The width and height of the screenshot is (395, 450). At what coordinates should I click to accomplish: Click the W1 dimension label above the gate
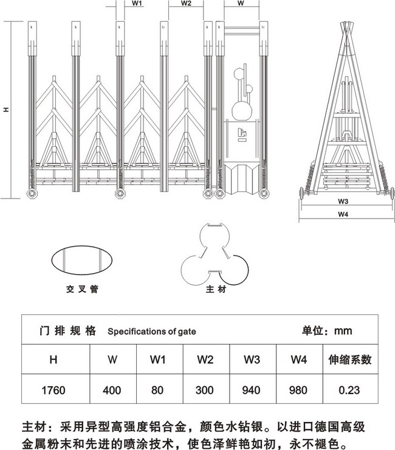[137, 4]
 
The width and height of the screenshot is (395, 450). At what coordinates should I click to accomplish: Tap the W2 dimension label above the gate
[186, 4]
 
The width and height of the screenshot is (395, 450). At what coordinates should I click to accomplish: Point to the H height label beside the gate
[6, 110]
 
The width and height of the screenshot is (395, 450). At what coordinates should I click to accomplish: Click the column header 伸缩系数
[350, 359]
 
